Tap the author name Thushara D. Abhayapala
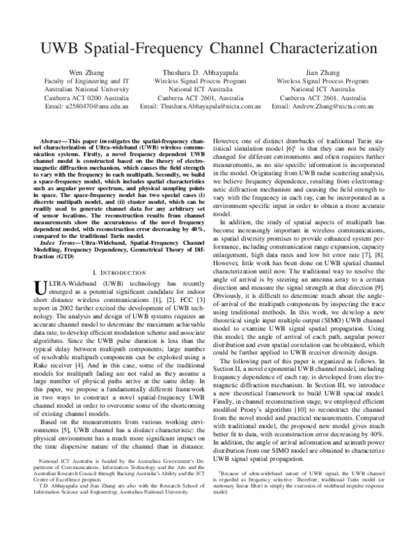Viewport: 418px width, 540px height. tap(209, 72)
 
